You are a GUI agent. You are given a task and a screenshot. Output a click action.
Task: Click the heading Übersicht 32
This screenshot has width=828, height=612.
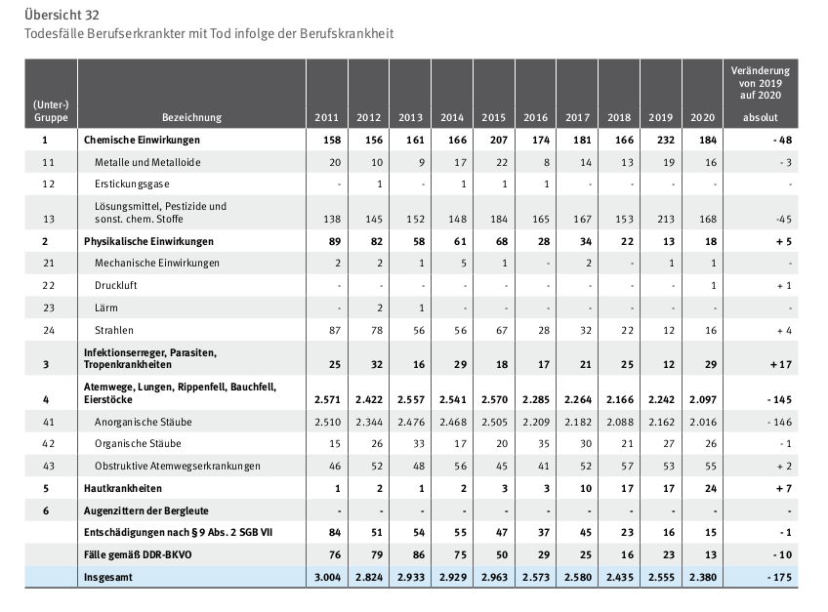[x=62, y=15]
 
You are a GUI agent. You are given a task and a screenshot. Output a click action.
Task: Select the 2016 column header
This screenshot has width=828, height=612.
[x=535, y=117]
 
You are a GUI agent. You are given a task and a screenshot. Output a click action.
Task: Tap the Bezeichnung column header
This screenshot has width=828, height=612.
[x=191, y=117]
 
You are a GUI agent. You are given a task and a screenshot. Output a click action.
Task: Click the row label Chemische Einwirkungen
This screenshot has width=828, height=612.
[x=142, y=140]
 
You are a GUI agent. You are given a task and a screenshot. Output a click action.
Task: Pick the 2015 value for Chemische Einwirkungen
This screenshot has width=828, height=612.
[x=498, y=140]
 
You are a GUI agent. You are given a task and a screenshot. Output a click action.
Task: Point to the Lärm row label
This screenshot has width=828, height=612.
[x=106, y=307]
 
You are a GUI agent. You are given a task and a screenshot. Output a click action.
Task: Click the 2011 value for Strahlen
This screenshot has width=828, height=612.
[x=335, y=330]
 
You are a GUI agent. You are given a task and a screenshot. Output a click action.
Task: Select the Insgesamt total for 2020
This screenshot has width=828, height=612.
[x=703, y=577]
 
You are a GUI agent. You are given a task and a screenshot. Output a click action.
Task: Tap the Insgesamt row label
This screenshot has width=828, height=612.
[x=108, y=577]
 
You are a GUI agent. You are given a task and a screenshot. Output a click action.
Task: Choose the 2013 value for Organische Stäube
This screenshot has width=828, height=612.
[x=419, y=443]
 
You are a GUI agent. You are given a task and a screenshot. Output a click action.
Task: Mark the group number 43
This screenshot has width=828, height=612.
[x=49, y=466]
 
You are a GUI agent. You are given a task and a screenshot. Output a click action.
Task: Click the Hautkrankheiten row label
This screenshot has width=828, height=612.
[x=122, y=488]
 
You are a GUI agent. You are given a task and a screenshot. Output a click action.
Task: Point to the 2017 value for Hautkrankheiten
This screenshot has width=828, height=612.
[x=586, y=488]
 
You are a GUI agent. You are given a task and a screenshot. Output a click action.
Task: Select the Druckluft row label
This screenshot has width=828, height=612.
[x=115, y=285]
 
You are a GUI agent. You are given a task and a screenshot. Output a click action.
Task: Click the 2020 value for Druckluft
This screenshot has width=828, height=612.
[x=714, y=285]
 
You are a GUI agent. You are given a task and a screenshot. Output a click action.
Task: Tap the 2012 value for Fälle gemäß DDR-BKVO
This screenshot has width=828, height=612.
[x=377, y=555]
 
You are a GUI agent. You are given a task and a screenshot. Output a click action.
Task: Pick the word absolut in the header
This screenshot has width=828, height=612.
[x=761, y=117]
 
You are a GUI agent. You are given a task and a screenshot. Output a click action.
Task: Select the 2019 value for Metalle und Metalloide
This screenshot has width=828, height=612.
[x=669, y=163]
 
